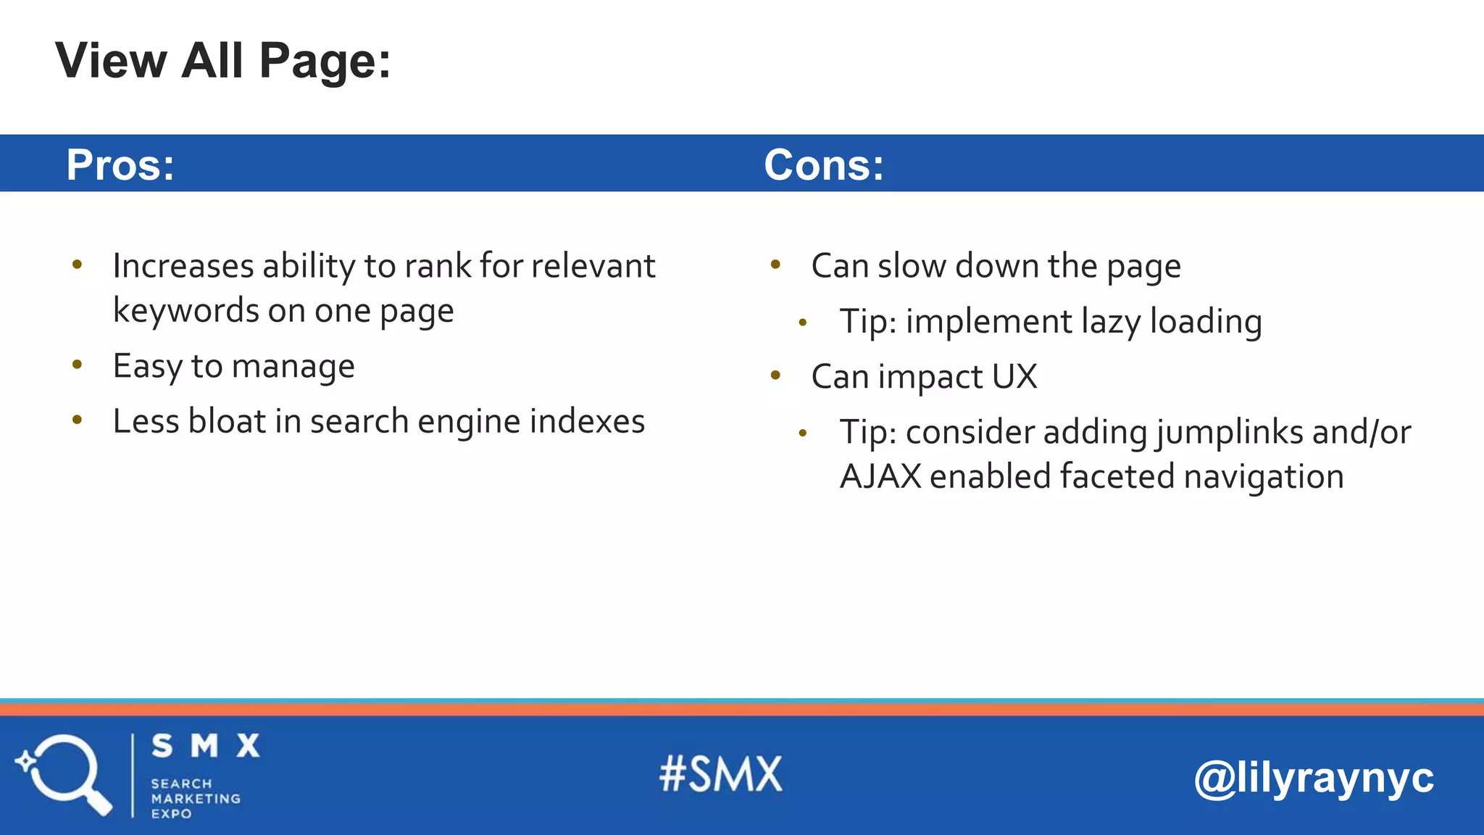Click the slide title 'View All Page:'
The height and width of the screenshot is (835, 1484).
pyautogui.click(x=223, y=61)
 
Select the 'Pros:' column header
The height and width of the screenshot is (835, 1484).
pyautogui.click(x=120, y=165)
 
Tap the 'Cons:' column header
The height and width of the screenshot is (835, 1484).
pyautogui.click(x=824, y=165)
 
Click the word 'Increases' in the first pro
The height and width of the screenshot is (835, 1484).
pyautogui.click(x=183, y=266)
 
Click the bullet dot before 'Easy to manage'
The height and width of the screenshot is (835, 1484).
pyautogui.click(x=78, y=364)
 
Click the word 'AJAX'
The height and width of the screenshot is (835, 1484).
pyautogui.click(x=880, y=477)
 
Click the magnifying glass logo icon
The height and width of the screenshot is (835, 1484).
pyautogui.click(x=64, y=774)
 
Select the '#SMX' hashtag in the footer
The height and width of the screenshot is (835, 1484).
pyautogui.click(x=721, y=774)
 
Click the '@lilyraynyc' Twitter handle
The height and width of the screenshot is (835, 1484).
pyautogui.click(x=1313, y=778)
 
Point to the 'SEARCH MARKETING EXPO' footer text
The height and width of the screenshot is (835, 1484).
pyautogui.click(x=195, y=798)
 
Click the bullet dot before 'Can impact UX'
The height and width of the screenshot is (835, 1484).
pyautogui.click(x=775, y=375)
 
